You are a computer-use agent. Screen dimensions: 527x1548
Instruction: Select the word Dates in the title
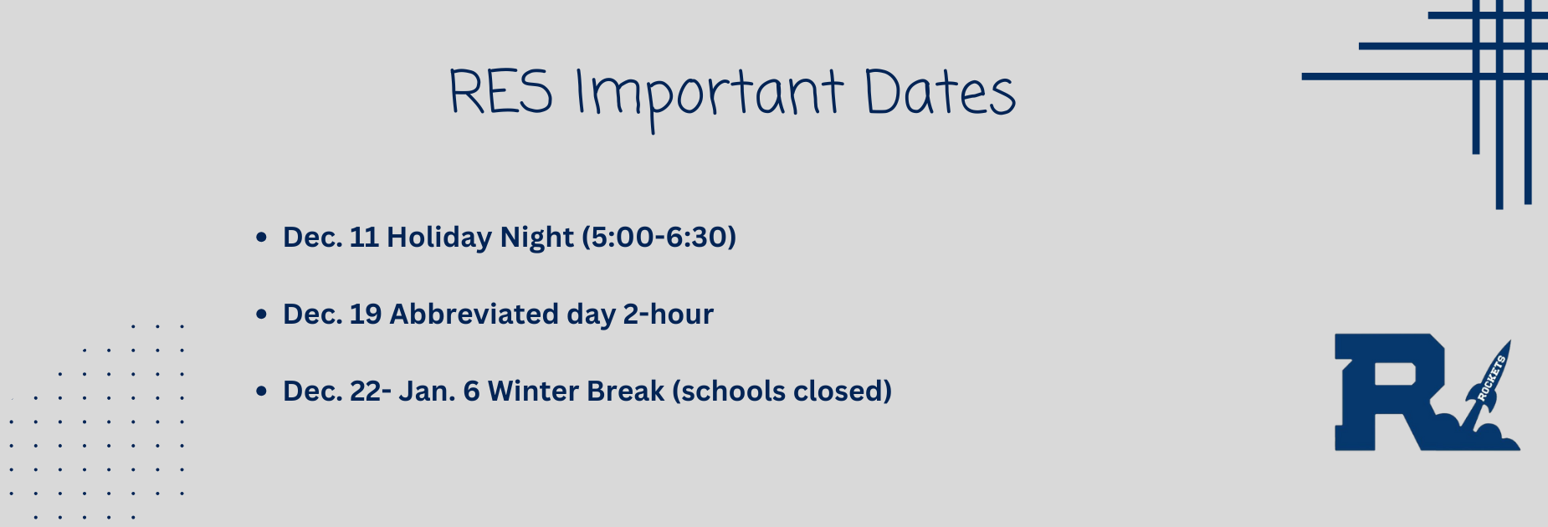[x=940, y=92]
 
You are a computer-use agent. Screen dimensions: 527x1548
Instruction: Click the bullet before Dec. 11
[x=261, y=238]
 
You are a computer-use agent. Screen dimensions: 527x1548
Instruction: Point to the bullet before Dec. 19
[x=261, y=315]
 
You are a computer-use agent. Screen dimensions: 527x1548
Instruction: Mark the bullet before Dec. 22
[x=261, y=391]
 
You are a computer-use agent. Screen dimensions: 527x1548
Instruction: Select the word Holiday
[x=439, y=238]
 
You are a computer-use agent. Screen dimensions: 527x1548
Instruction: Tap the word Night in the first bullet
[x=536, y=238]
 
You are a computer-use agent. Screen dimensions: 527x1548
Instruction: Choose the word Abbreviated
[x=474, y=315]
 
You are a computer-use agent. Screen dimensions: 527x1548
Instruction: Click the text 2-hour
[x=668, y=315]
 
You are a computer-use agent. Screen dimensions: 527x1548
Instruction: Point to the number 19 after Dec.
[x=366, y=315]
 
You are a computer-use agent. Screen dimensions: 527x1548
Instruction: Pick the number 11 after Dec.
[x=364, y=238]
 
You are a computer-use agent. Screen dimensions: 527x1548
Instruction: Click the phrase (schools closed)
[x=782, y=391]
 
